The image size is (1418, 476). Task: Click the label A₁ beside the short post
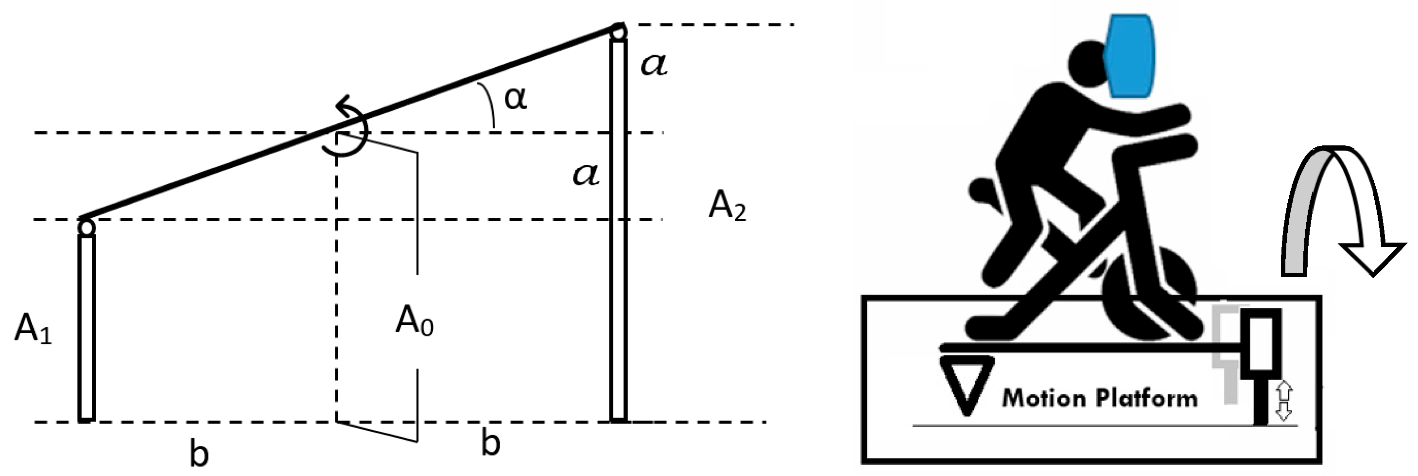tap(33, 331)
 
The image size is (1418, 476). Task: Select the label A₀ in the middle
tap(414, 321)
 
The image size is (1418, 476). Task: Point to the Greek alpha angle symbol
tap(515, 98)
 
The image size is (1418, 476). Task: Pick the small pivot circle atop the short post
tap(86, 227)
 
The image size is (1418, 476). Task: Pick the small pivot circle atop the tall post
tap(619, 32)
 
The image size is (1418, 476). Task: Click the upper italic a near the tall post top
tap(654, 65)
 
